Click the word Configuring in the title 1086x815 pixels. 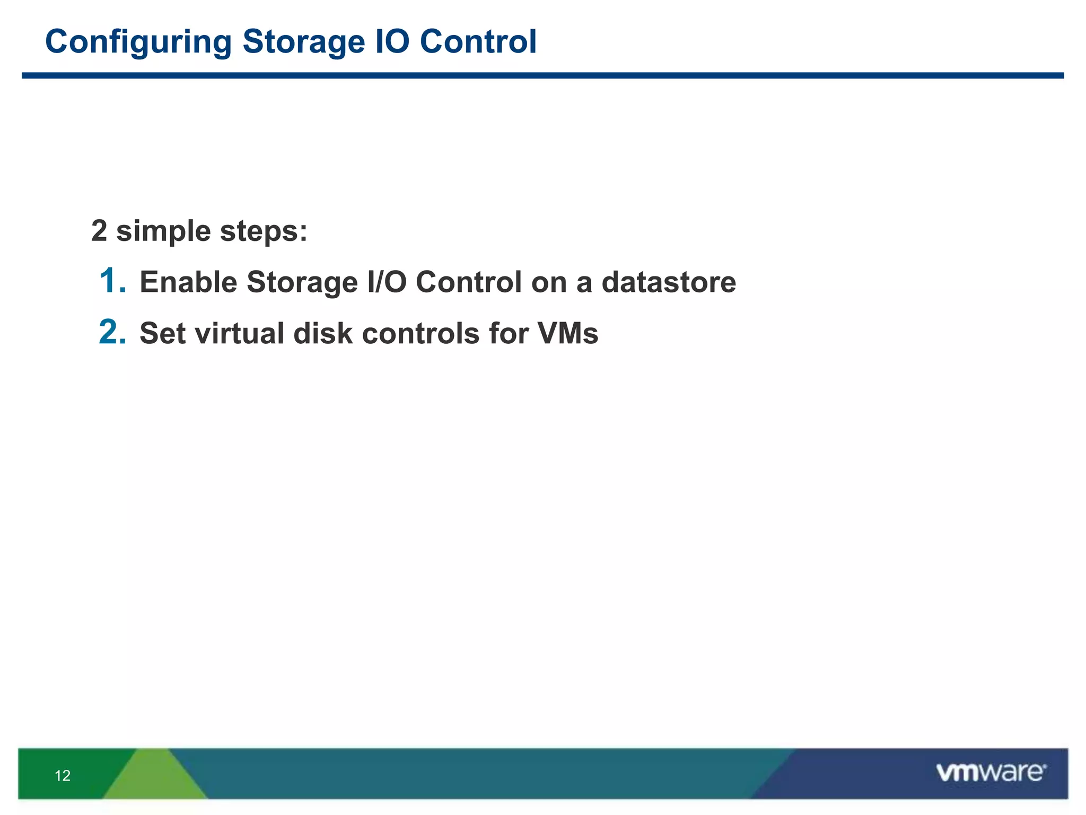[138, 42]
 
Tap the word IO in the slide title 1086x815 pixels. [392, 41]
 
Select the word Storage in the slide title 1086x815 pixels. [303, 42]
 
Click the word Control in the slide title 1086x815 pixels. [478, 41]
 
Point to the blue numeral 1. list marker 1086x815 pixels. [112, 281]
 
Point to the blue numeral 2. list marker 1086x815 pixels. [112, 333]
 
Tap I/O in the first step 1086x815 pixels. [387, 282]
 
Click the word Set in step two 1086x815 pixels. [162, 334]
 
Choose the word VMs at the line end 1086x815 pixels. [567, 334]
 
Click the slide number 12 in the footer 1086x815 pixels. [63, 776]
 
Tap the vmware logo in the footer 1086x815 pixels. [991, 773]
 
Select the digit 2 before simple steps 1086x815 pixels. [99, 231]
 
